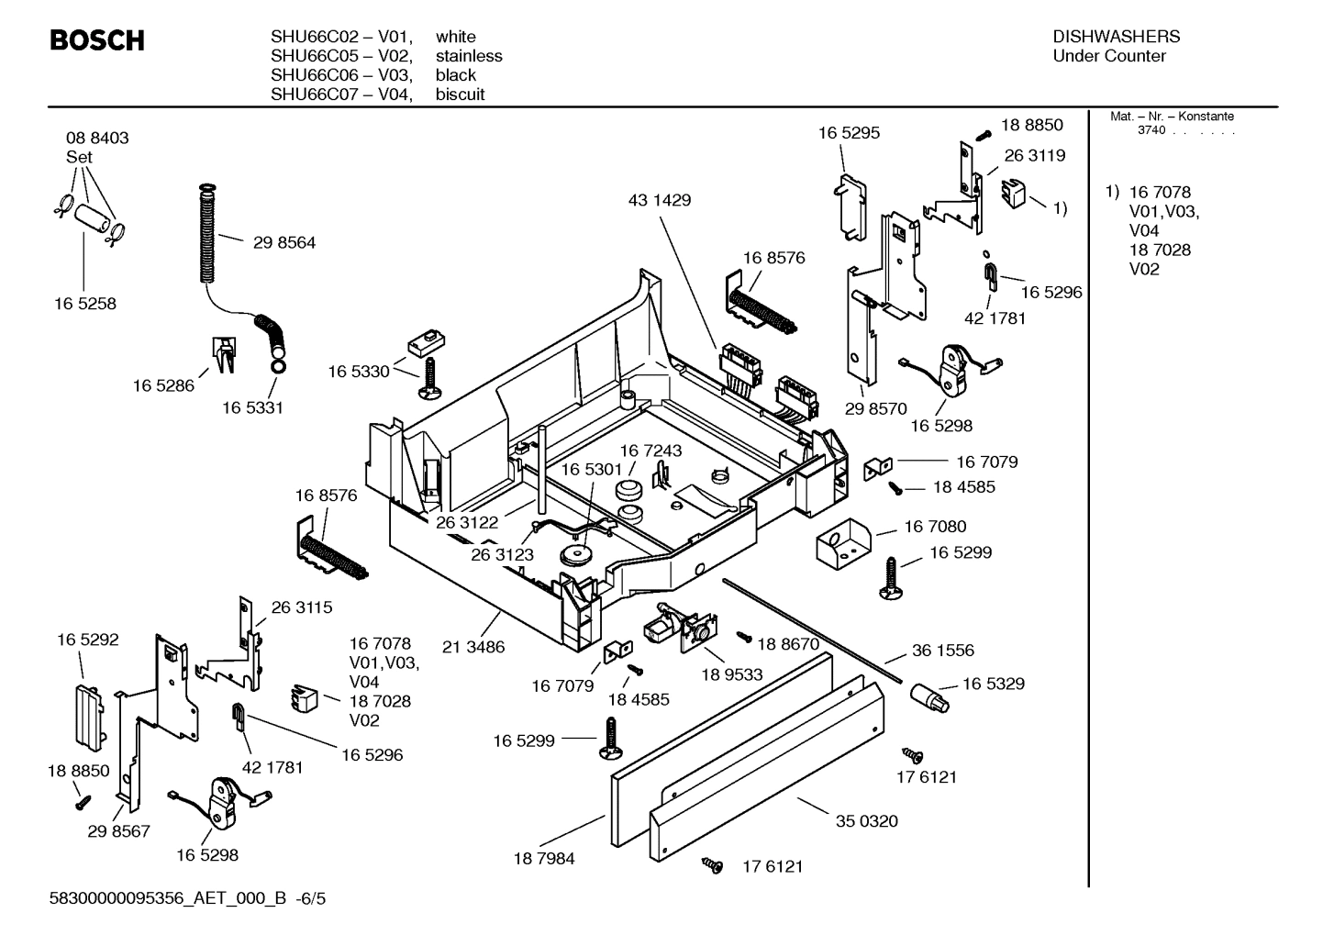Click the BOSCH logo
(x=96, y=41)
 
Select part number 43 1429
(x=659, y=200)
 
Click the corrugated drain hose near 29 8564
(x=207, y=234)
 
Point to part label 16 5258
(x=84, y=304)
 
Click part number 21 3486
(x=473, y=647)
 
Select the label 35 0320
(x=866, y=821)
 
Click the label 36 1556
(x=942, y=651)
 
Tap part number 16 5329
(x=994, y=685)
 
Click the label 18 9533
(x=731, y=674)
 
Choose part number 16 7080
(x=935, y=527)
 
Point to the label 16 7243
(x=650, y=451)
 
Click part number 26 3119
(x=1034, y=156)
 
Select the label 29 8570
(x=875, y=409)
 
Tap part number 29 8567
(x=118, y=831)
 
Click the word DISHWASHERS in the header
(x=1116, y=37)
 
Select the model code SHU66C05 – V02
(x=340, y=56)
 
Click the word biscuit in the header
(x=460, y=95)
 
